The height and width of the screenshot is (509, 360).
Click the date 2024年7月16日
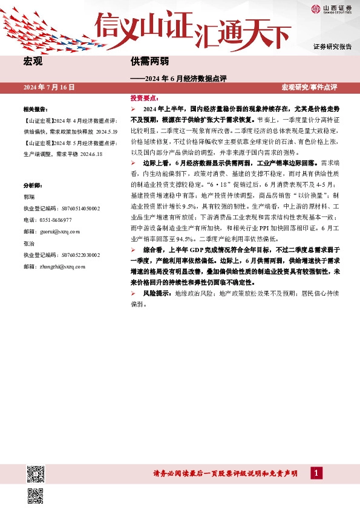pyautogui.click(x=49, y=88)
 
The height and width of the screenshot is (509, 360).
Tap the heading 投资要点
pyautogui.click(x=143, y=97)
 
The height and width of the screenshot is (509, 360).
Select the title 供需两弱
pyautogui.click(x=148, y=61)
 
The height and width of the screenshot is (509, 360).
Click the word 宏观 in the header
pyautogui.click(x=33, y=61)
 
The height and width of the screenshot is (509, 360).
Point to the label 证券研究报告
pyautogui.click(x=332, y=47)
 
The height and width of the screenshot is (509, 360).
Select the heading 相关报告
pyautogui.click(x=35, y=109)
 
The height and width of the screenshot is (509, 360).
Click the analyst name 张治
pyautogui.click(x=28, y=243)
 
